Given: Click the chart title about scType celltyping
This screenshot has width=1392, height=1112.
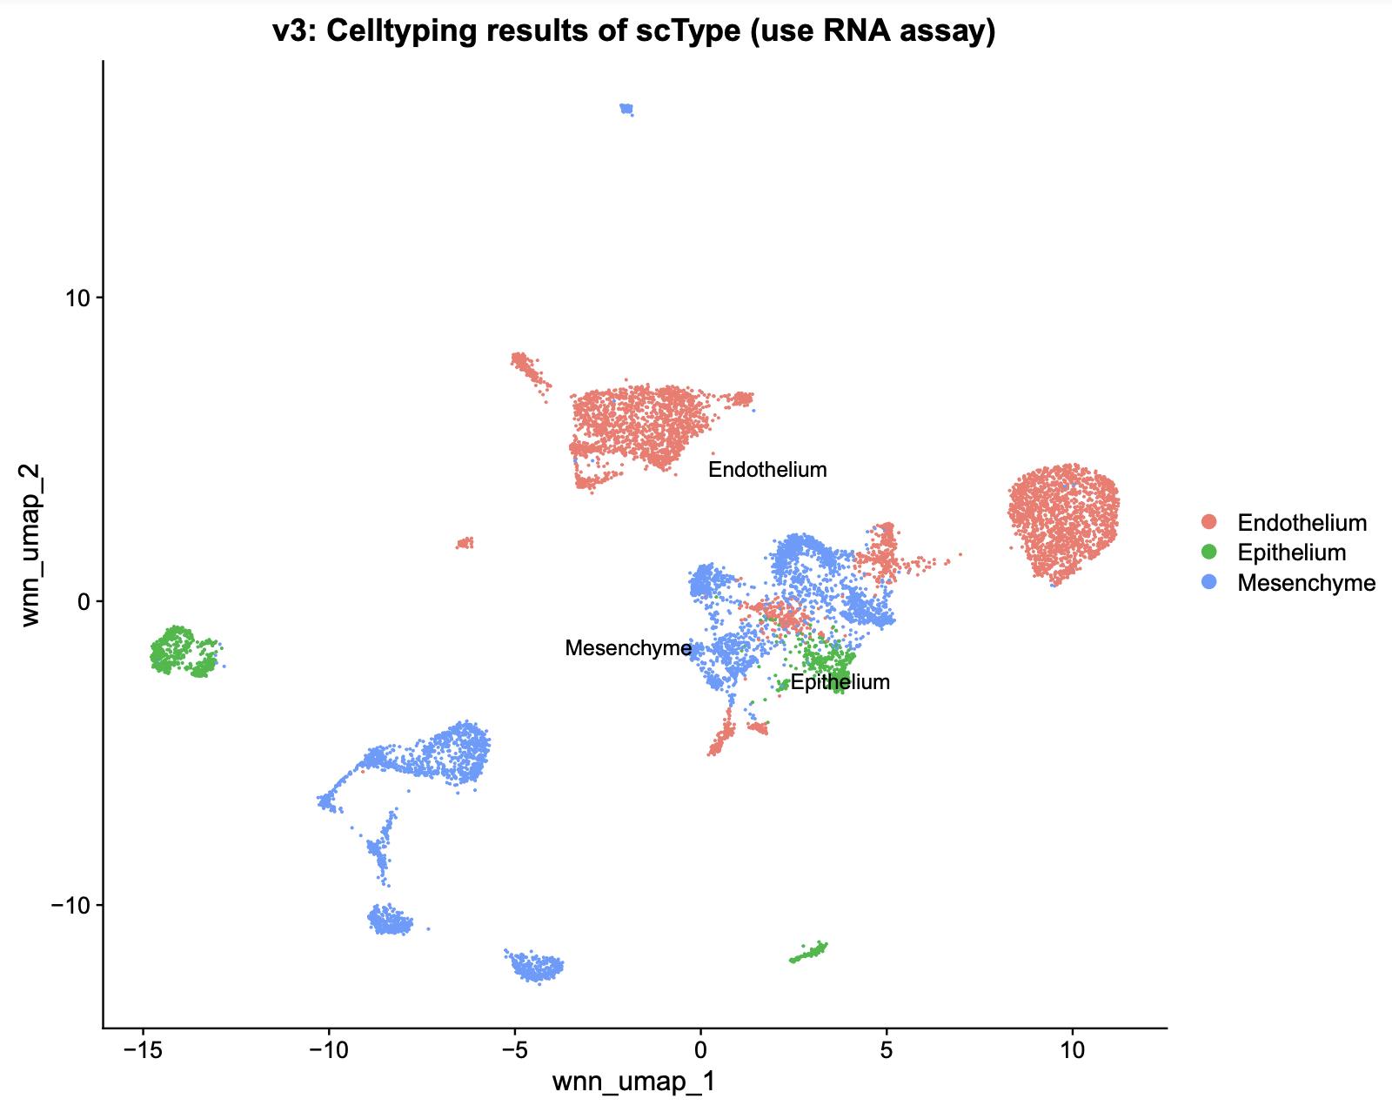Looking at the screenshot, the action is pyautogui.click(x=634, y=30).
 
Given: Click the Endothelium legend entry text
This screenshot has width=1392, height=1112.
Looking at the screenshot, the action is pyautogui.click(x=1302, y=522).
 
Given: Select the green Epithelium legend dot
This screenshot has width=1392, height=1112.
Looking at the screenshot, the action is pyautogui.click(x=1208, y=552).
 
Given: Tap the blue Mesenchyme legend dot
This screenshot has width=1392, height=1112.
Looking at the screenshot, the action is pyautogui.click(x=1208, y=581).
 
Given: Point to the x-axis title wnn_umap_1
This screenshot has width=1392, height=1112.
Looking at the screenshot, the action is pyautogui.click(x=634, y=1081).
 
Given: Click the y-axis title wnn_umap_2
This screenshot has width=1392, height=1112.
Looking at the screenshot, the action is pyautogui.click(x=30, y=545).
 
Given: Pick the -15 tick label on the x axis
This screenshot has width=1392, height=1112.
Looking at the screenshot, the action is pyautogui.click(x=143, y=1049).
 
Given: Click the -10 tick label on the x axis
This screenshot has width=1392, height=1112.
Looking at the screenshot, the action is pyautogui.click(x=328, y=1049).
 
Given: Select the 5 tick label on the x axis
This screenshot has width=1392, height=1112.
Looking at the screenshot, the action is pyautogui.click(x=887, y=1049).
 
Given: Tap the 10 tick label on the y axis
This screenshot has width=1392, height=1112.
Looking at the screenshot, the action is pyautogui.click(x=77, y=298).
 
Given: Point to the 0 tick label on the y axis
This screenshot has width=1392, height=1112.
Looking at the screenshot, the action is pyautogui.click(x=84, y=601).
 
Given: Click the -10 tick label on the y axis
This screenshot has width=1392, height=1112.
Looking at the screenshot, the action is pyautogui.click(x=70, y=905).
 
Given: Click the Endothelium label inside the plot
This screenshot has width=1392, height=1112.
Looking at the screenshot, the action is pyautogui.click(x=767, y=469).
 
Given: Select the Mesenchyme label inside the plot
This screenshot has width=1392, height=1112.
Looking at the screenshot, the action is pyautogui.click(x=628, y=647).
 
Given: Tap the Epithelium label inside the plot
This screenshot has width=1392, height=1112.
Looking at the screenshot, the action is pyautogui.click(x=840, y=682).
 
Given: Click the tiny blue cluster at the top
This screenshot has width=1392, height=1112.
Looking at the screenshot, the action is pyautogui.click(x=626, y=109).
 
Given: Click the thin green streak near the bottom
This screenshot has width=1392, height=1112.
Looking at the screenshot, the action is pyautogui.click(x=808, y=952).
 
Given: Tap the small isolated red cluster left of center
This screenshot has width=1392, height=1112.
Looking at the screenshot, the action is pyautogui.click(x=465, y=543).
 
